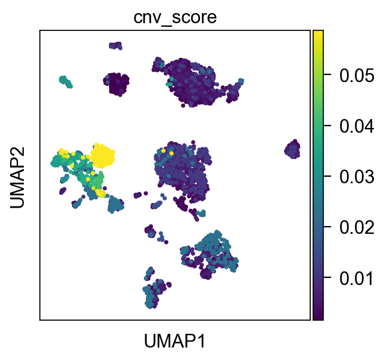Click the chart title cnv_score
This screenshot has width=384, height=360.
(x=174, y=18)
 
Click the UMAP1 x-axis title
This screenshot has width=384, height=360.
(x=174, y=341)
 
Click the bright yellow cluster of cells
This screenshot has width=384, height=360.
(x=102, y=155)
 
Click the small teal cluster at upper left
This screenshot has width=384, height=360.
(x=65, y=82)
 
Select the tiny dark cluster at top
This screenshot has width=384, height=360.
(x=115, y=45)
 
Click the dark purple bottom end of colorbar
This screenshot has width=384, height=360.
(x=318, y=317)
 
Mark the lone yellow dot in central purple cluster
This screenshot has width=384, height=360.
(x=171, y=153)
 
